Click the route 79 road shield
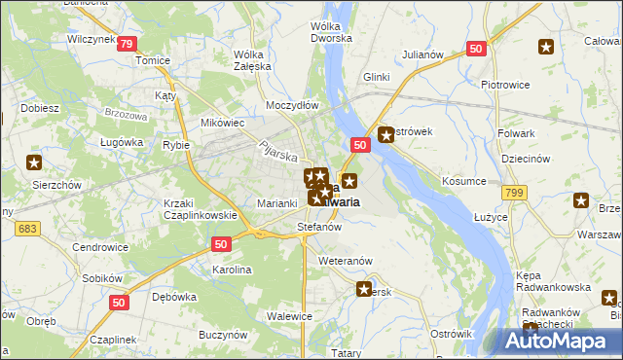(x=126, y=44)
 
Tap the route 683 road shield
(x=28, y=228)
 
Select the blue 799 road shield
(x=515, y=194)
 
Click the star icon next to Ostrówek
(x=386, y=135)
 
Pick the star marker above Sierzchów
(x=35, y=162)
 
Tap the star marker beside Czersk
(x=364, y=289)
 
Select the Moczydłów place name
(x=292, y=103)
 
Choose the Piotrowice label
(x=504, y=85)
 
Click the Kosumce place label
(x=463, y=182)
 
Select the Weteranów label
(x=346, y=261)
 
